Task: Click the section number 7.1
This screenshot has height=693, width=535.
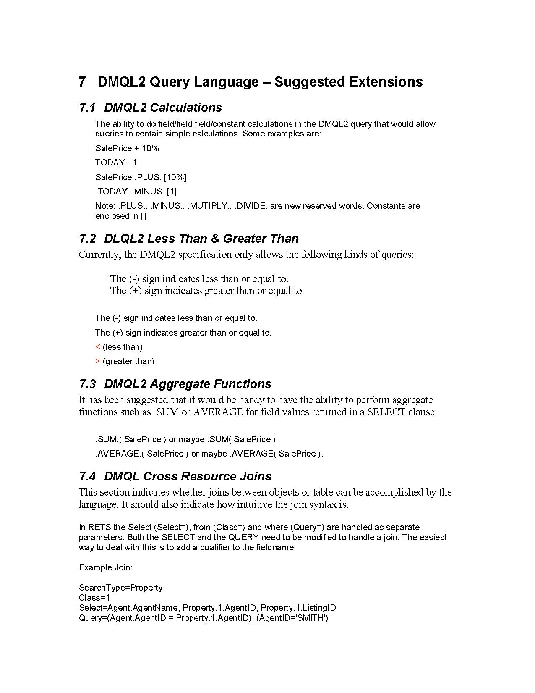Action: [87, 108]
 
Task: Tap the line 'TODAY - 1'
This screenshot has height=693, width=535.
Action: [116, 163]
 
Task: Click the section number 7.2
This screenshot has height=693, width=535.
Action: [87, 239]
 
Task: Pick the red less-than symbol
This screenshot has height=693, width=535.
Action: [97, 347]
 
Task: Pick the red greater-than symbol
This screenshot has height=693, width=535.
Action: [97, 361]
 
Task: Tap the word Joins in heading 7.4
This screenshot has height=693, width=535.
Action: [255, 477]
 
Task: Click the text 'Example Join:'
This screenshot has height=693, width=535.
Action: [106, 567]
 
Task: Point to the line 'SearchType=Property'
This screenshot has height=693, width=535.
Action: [120, 588]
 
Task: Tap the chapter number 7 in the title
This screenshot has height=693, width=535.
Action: [82, 81]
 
